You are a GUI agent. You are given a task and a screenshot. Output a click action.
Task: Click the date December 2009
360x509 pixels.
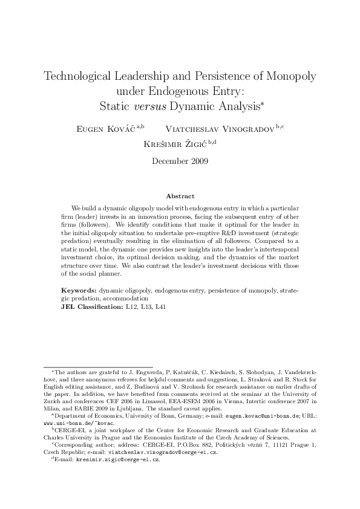(x=180, y=161)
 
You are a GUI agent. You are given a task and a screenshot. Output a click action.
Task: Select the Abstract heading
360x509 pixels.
(x=180, y=196)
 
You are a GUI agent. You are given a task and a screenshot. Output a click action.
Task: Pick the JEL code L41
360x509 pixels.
(x=160, y=306)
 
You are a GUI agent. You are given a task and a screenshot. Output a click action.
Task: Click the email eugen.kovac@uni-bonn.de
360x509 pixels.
(x=268, y=417)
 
